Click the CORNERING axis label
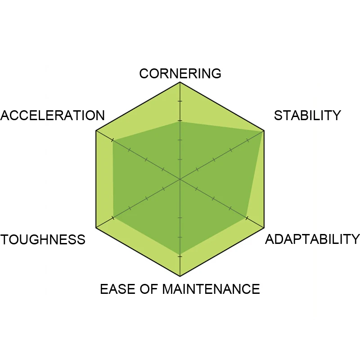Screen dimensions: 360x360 pos(180,73)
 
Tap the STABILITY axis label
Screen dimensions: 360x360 pos(307,115)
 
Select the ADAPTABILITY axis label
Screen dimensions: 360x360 pos(312,239)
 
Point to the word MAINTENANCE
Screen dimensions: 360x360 pos(211,288)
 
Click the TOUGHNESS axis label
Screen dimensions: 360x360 pos(43,239)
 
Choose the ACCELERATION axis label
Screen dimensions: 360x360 pos(52,115)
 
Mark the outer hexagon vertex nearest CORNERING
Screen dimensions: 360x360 pos(180,82)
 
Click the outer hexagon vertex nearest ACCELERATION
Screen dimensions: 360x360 pos(96,131)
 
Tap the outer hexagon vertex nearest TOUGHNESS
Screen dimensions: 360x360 pos(96,228)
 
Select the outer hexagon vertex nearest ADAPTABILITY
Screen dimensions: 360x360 pos(264,228)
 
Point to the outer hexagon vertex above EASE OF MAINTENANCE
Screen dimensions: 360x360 pos(180,276)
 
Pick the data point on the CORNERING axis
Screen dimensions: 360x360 pos(180,121)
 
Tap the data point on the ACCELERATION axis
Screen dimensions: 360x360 pos(112,140)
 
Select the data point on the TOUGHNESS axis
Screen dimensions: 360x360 pos(113,218)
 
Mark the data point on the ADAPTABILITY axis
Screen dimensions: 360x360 pos(247,218)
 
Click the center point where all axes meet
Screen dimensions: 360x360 pos(180,179)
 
